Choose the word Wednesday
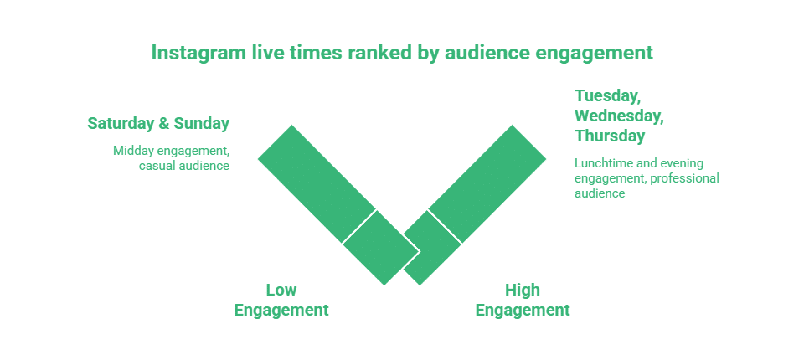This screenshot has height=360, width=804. click(619, 116)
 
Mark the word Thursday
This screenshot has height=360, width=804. click(610, 136)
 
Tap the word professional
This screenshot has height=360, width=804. click(684, 177)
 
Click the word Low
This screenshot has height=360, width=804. click(281, 290)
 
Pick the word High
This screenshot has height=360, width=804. click(523, 290)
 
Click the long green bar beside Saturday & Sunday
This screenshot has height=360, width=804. click(317, 183)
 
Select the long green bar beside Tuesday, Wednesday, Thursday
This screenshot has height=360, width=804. click(487, 183)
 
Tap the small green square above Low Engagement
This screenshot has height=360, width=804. click(380, 247)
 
